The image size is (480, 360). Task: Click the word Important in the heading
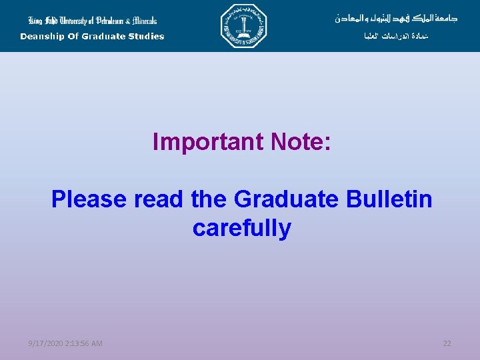pos(209,141)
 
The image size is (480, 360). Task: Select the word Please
pos(89,199)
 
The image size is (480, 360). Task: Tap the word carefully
pos(241,228)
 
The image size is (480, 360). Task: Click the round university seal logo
pos(243,26)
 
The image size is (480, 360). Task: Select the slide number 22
pos(447,343)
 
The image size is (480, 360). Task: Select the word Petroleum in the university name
pos(98,21)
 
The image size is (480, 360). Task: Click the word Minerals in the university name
pos(139,21)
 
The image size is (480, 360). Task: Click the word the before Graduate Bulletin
pos(209,199)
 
